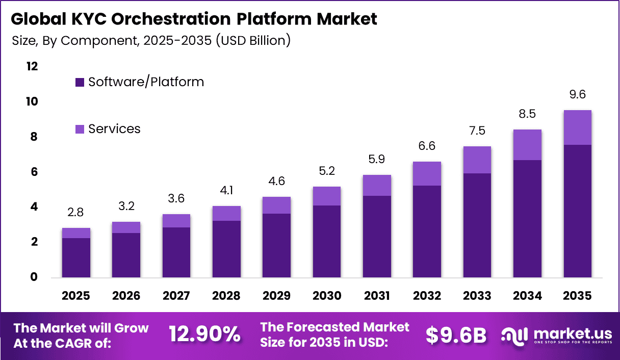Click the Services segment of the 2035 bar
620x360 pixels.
click(578, 127)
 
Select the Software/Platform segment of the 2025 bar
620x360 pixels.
click(76, 258)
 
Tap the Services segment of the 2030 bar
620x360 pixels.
click(326, 196)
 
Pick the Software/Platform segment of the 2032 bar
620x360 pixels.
click(427, 232)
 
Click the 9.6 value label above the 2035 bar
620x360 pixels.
click(578, 95)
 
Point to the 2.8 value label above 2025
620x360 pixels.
click(76, 212)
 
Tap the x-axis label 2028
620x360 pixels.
click(226, 296)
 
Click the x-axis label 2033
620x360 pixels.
click(477, 296)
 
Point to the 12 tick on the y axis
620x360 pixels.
click(32, 67)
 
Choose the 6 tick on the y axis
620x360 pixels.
click(35, 172)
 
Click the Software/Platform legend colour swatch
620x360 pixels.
click(79, 82)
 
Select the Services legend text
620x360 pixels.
click(114, 129)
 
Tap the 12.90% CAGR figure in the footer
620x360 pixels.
click(204, 334)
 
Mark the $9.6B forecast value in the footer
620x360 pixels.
click(456, 335)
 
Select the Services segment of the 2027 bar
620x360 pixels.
click(176, 221)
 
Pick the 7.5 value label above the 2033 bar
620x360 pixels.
click(477, 131)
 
